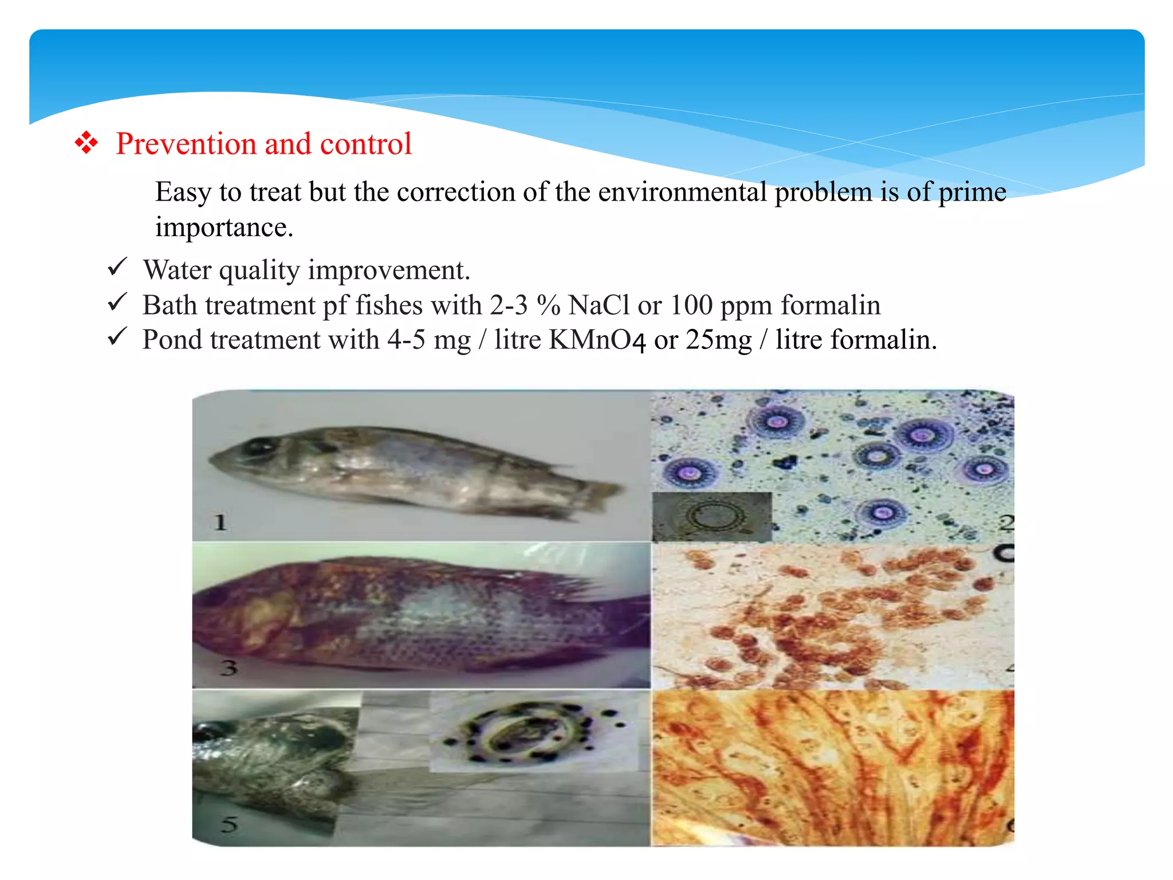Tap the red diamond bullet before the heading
[x=86, y=143]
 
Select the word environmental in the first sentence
[x=682, y=191]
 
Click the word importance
[x=223, y=227]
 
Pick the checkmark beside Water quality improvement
[x=117, y=268]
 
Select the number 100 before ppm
[x=691, y=305]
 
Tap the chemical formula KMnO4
[x=597, y=340]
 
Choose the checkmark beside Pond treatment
[x=117, y=337]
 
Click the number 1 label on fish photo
[x=221, y=522]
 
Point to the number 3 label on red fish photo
[x=229, y=667]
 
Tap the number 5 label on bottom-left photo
[x=229, y=824]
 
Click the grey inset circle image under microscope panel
[x=712, y=516]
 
